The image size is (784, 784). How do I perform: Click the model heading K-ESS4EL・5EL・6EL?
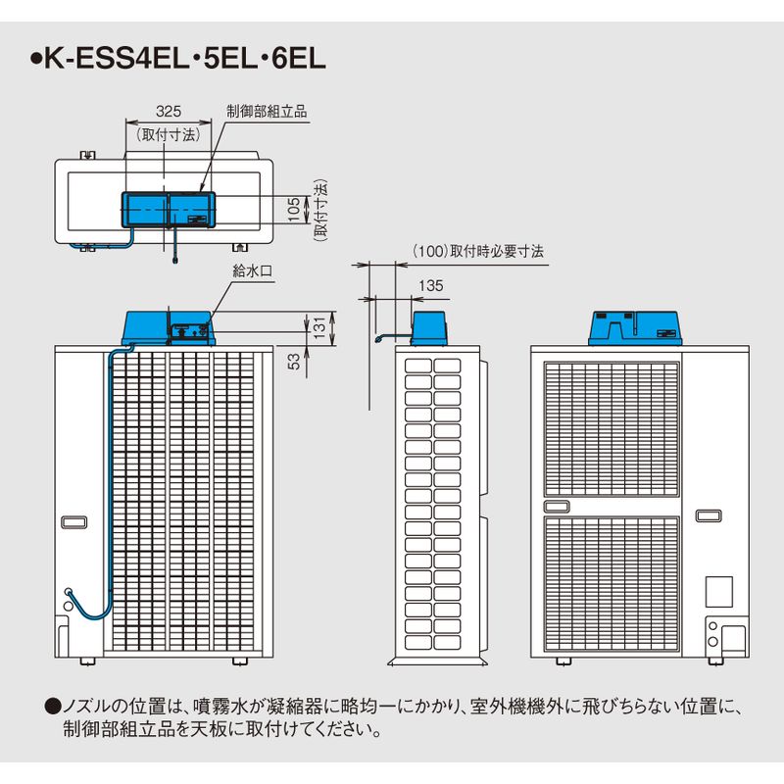coord(178,59)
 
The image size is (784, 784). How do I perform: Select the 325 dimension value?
coord(169,111)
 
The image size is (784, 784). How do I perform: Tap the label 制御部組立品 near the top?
coord(267,111)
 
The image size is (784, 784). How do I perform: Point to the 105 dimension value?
coord(295,209)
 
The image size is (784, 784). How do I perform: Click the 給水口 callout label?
coord(253,271)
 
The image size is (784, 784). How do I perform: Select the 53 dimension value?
coord(294,361)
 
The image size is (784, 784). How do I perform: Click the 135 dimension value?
coord(431,285)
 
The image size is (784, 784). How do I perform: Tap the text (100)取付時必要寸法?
coord(478,251)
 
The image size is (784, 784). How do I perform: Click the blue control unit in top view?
coord(169,210)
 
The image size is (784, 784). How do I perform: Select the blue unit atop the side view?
coord(428,328)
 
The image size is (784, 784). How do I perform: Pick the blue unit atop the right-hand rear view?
coord(635,328)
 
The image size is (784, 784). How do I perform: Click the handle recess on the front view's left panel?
coord(74,522)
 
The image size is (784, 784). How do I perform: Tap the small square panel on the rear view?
coord(719,592)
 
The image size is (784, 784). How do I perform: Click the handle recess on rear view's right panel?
coord(709,515)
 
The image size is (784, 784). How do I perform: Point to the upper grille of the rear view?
coord(612,429)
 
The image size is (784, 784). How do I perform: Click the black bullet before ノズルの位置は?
coord(53,707)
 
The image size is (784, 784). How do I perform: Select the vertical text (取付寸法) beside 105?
coord(320,211)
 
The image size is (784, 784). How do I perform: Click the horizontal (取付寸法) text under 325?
coord(169,134)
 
